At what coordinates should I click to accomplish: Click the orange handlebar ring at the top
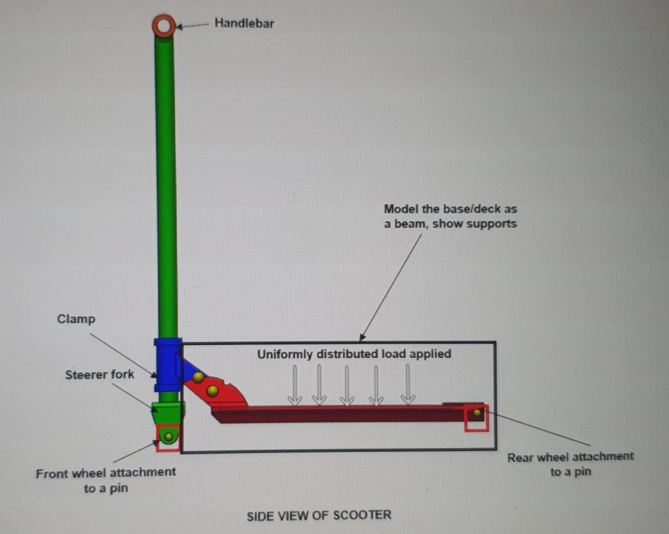(x=163, y=26)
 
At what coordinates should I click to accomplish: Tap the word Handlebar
(x=244, y=24)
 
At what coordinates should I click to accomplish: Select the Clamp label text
(x=76, y=319)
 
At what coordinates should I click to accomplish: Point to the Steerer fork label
(x=100, y=374)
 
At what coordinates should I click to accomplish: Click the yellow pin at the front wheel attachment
(x=169, y=437)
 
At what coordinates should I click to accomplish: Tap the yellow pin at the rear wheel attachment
(x=477, y=413)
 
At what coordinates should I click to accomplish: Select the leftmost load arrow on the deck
(x=295, y=385)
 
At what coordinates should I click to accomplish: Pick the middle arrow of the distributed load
(x=347, y=385)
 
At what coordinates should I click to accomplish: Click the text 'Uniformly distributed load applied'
(x=354, y=354)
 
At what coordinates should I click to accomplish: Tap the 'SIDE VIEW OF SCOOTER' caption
(x=318, y=515)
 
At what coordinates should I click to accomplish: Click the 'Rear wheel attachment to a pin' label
(x=570, y=464)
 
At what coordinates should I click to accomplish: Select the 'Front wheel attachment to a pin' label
(x=105, y=479)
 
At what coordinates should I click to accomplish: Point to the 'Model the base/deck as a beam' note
(x=450, y=217)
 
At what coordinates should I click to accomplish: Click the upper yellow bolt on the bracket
(x=199, y=377)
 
